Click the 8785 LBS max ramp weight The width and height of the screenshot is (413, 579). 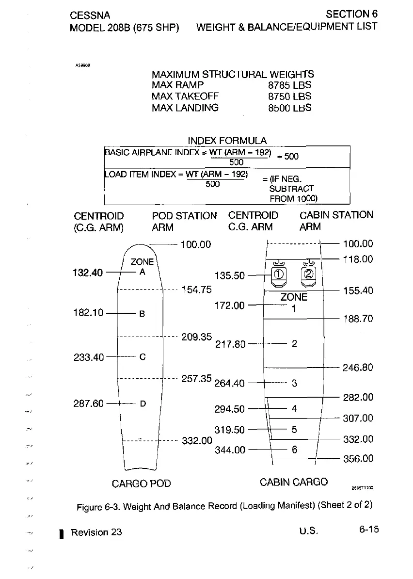pos(289,85)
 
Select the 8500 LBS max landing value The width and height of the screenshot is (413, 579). pos(289,108)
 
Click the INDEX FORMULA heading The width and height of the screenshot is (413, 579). pos(227,141)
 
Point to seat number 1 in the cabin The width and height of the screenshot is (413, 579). pos(279,274)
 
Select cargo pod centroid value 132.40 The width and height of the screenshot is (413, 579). pos(89,273)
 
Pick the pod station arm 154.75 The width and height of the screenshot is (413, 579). pos(196,290)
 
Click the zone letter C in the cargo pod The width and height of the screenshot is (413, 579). pos(143,357)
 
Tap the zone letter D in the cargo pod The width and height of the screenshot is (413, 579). pos(143,403)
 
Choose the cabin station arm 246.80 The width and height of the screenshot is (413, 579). pos(358,368)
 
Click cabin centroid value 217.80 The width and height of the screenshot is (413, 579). pos(230,344)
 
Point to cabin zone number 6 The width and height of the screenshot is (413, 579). pos(294,450)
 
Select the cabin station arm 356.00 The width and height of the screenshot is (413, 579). pos(358,459)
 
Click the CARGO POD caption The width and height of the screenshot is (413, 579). pos(141,483)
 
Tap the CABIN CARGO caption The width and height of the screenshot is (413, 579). pos(294,482)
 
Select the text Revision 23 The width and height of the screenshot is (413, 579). pos(96,532)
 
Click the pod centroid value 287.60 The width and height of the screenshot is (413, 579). pos(89,403)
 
